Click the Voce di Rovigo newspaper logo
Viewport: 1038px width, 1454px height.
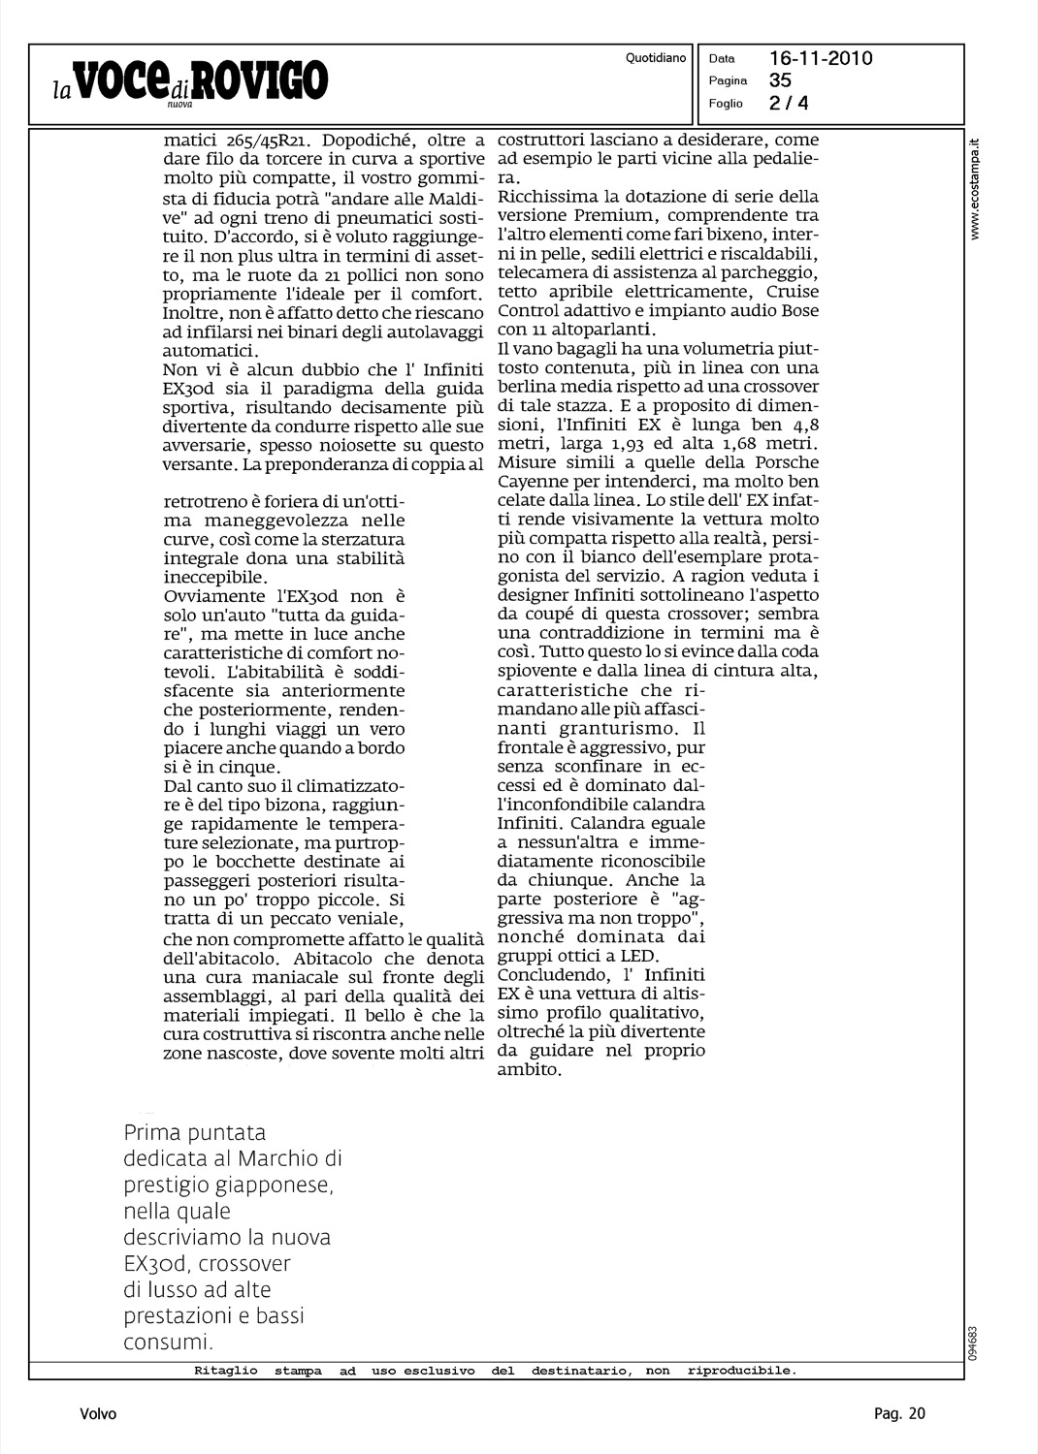click(190, 81)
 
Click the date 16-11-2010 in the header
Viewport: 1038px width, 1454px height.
click(821, 58)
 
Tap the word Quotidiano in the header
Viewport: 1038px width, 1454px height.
click(656, 58)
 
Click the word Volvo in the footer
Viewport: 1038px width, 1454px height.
click(98, 1414)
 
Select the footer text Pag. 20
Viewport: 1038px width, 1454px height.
click(899, 1414)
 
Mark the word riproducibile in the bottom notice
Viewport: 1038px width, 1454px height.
click(741, 1372)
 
